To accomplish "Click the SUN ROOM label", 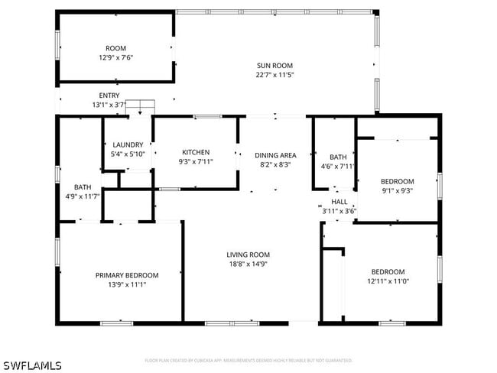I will click(274, 66).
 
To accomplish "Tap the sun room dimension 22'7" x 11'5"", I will click(274, 75).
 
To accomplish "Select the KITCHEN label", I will click(196, 152).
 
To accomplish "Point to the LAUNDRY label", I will click(128, 144).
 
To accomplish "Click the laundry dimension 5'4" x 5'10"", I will click(128, 154).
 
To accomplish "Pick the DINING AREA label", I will click(275, 155).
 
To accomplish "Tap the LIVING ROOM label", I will click(248, 255).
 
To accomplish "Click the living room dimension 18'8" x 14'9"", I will click(248, 264).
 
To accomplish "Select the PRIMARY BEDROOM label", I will click(127, 275).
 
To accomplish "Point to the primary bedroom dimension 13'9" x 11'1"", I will click(127, 284).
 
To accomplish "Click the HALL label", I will click(339, 202).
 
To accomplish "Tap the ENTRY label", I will click(109, 96).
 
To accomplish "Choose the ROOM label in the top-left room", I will click(116, 48).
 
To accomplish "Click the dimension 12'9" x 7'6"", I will click(116, 57).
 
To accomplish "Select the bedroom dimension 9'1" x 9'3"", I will click(397, 191).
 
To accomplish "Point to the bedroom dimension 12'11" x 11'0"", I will click(388, 281).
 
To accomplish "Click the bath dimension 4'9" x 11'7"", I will click(83, 196).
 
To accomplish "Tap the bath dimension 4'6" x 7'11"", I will click(338, 166).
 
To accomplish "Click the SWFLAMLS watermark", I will click(31, 365).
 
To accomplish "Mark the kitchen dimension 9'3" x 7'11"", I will click(196, 161).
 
